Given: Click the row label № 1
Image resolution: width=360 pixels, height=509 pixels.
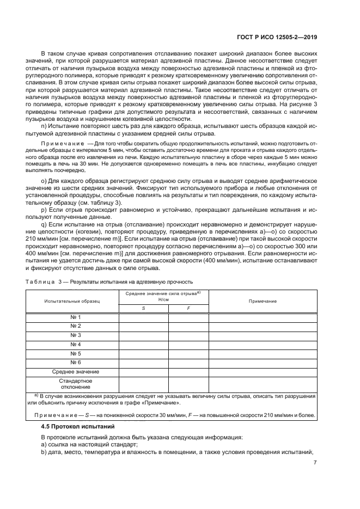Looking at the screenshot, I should coord(76,317).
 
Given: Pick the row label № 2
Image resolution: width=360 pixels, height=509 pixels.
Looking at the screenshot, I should coord(76,326).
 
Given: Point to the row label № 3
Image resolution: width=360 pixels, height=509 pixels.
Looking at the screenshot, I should coord(76,335).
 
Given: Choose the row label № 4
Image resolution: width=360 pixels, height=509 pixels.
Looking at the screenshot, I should coord(76,344).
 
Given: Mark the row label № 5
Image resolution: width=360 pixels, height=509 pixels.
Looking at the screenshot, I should coord(76,353).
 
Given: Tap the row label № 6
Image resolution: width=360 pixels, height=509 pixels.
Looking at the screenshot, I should coord(76,362).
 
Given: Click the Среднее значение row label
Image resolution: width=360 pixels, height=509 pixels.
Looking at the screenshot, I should coord(72,371).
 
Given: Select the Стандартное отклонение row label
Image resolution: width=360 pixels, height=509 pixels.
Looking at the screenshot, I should coord(72,384).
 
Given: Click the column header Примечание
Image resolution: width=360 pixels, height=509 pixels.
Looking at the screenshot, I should coord(263,301).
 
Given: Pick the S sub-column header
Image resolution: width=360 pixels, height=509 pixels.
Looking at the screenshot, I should coord(143,308).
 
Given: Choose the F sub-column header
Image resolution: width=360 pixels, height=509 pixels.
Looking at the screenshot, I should coord(188,308).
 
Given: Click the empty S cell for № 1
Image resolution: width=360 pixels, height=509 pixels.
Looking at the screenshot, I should coord(143,317).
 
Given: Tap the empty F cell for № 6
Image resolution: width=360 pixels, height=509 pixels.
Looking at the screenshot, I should coord(188,362).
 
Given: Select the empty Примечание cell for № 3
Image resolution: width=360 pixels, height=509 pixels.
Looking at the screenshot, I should coord(263,335).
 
